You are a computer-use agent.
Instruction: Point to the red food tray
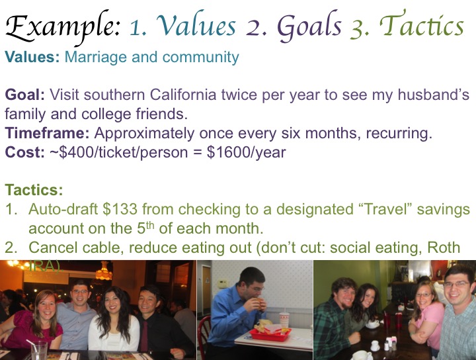[x=270, y=334]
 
